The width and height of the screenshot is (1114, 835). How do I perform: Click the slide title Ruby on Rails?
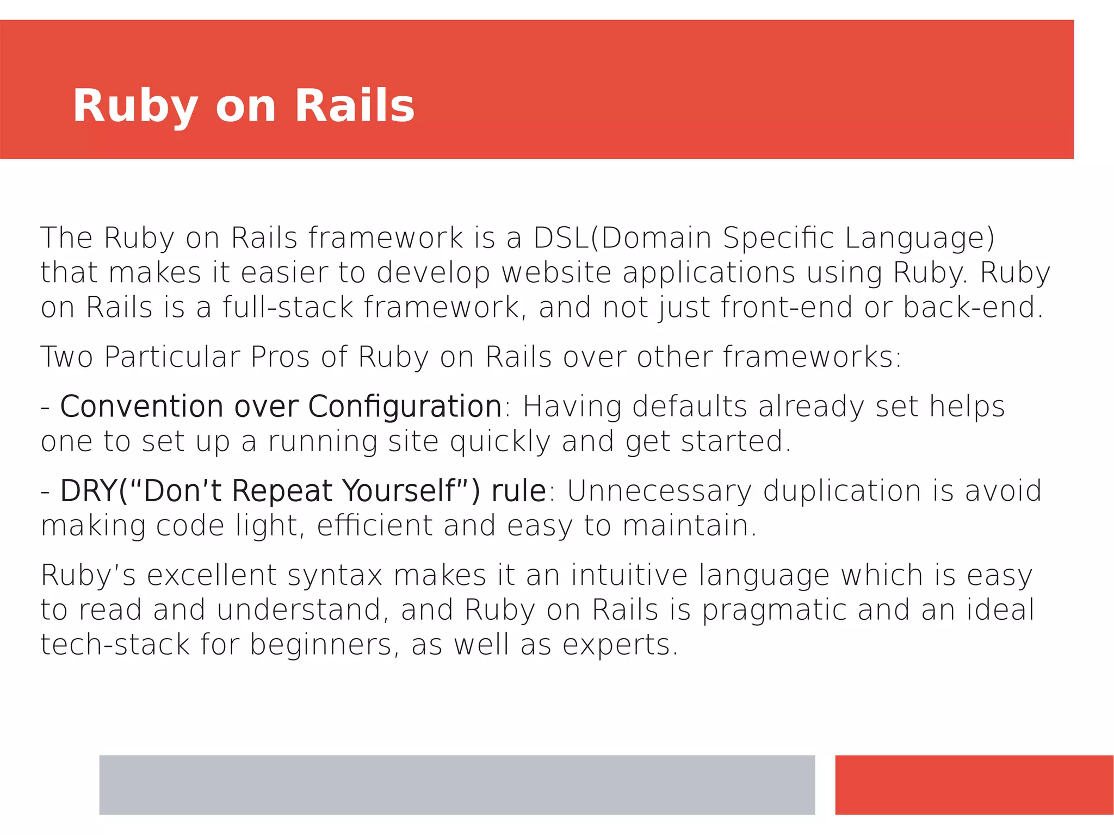(x=244, y=105)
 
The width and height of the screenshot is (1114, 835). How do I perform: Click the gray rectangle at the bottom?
(x=457, y=784)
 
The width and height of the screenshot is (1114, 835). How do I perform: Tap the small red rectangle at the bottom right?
(x=974, y=784)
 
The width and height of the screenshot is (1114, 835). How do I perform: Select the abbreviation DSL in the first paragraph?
(x=561, y=238)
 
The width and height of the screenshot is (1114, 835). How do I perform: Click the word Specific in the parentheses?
(x=778, y=238)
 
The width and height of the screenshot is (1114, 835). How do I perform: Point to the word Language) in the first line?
(x=920, y=239)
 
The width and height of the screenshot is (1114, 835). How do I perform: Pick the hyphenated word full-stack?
(x=288, y=307)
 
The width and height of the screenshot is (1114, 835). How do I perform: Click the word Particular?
(x=172, y=357)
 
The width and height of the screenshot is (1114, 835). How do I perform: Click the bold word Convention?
(x=141, y=407)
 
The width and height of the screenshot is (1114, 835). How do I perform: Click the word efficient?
(x=375, y=526)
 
